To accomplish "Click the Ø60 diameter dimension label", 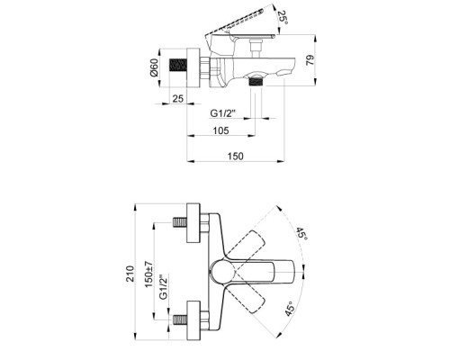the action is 154,67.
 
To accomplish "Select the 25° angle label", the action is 283,18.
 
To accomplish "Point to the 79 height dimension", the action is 310,60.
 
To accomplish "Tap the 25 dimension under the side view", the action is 178,98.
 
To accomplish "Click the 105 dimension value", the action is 220,130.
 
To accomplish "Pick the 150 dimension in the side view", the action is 236,157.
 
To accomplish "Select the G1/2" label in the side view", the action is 222,113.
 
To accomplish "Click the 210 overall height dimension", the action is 130,274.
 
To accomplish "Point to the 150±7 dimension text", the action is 149,274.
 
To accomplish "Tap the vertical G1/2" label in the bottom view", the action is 163,287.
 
